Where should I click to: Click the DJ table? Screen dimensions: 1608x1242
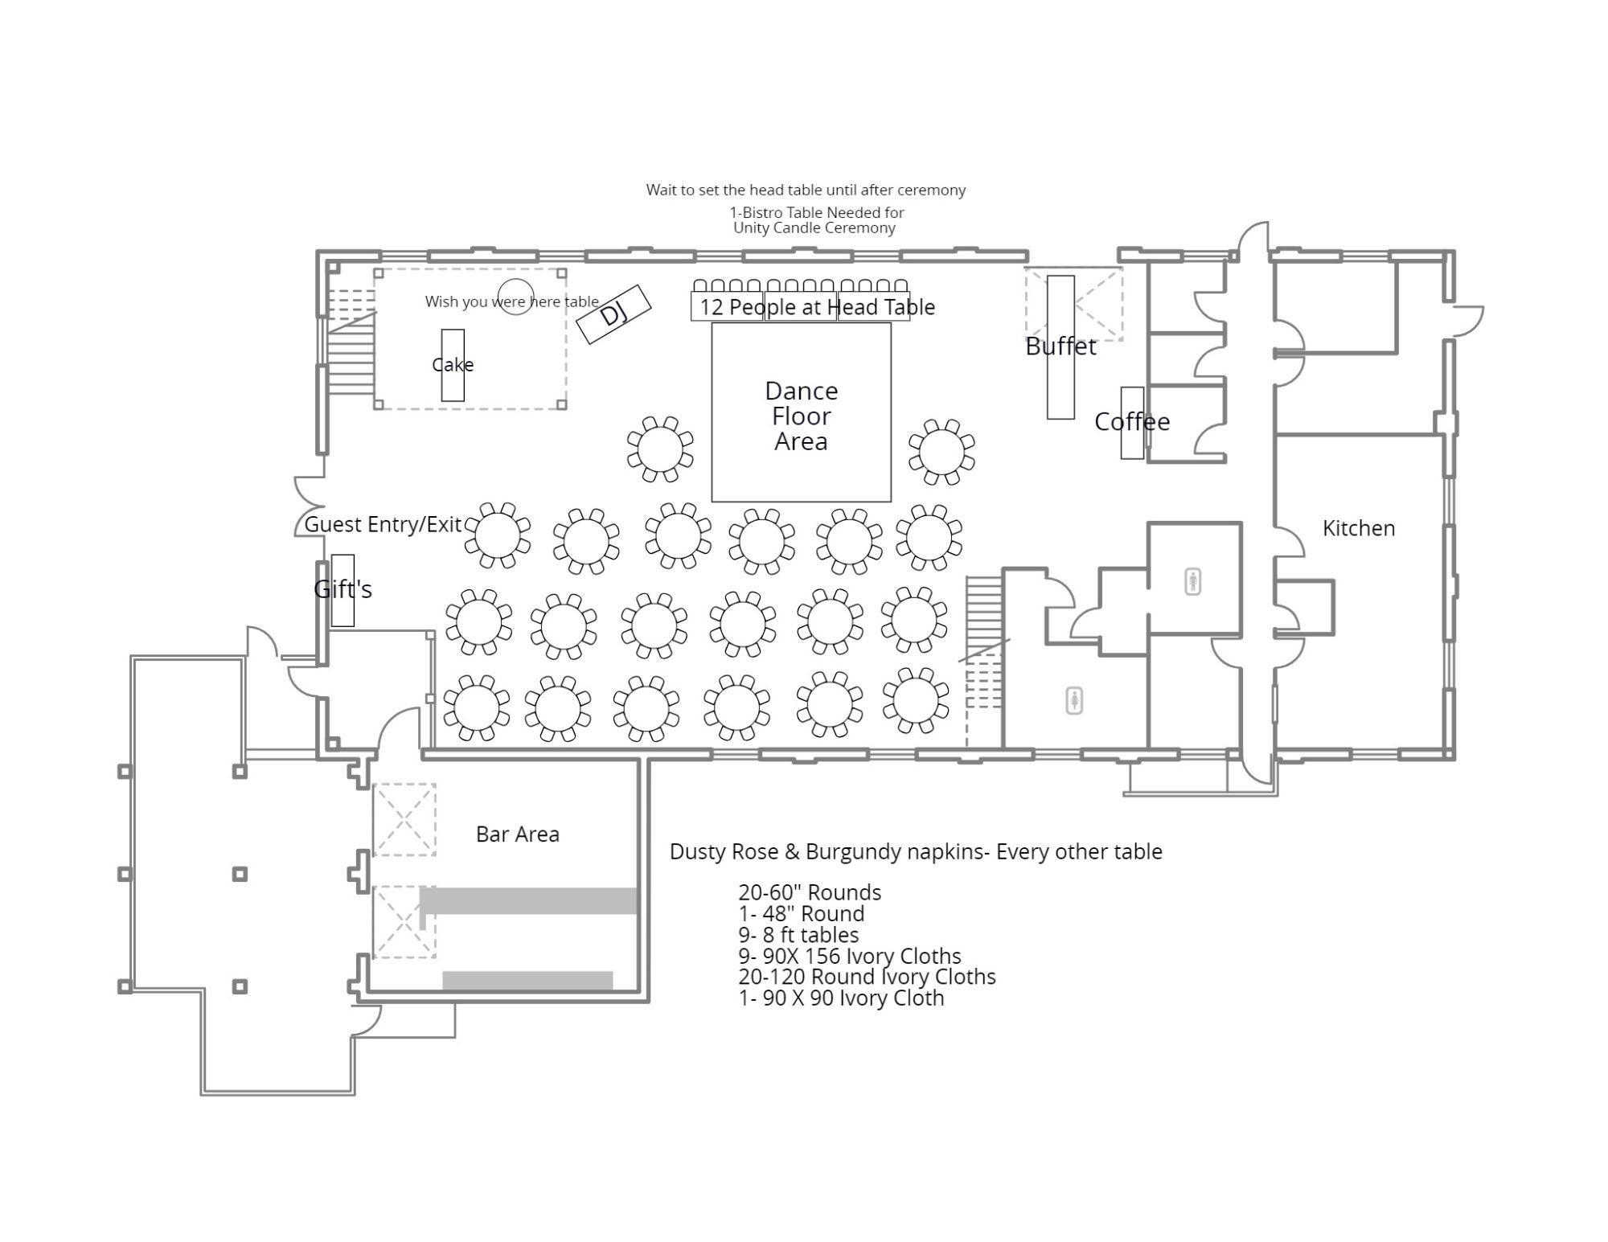click(x=614, y=314)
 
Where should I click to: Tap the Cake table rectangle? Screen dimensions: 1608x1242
click(x=453, y=365)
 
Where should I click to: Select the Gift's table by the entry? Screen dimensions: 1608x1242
click(x=343, y=591)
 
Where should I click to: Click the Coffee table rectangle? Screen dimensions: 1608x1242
click(x=1132, y=423)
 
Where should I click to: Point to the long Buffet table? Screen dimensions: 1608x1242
click(x=1060, y=347)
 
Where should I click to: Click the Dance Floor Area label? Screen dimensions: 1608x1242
click(x=802, y=416)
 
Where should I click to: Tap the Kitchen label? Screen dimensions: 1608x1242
click(x=1359, y=528)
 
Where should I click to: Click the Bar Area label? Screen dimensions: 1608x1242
click(x=518, y=834)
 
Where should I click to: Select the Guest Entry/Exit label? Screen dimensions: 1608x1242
click(x=384, y=525)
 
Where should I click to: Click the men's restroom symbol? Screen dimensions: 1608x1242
click(x=1192, y=581)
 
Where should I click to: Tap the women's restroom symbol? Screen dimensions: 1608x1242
click(x=1074, y=701)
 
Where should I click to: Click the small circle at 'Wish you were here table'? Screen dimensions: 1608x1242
click(x=515, y=297)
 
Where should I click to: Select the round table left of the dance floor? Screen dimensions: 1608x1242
click(x=660, y=449)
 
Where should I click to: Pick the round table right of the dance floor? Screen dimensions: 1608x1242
click(x=941, y=452)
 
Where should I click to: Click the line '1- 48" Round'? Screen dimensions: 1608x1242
click(x=802, y=914)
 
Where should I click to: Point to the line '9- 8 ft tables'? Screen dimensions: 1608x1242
click(x=798, y=935)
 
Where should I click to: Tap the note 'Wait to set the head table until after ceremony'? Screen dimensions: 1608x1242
click(x=806, y=191)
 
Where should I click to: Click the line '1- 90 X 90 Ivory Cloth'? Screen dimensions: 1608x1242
click(x=841, y=998)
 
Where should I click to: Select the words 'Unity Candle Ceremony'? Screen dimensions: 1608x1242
click(x=814, y=228)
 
